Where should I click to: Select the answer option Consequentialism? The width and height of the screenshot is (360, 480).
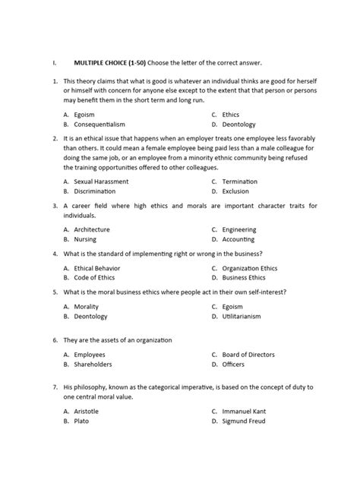[99, 124]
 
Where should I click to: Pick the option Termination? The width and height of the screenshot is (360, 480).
[240, 182]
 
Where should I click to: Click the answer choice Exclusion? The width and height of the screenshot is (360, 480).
[237, 191]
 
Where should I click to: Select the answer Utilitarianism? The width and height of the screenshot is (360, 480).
[243, 316]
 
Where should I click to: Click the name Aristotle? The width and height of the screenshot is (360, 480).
[87, 411]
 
